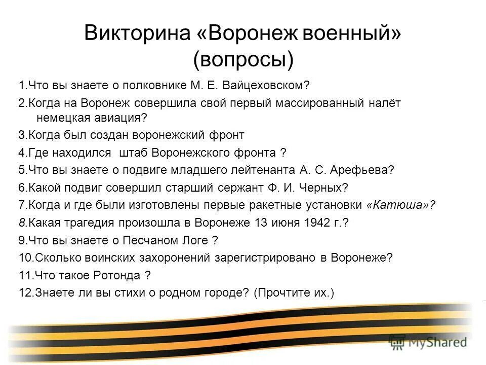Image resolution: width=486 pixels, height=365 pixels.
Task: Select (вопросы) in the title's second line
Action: coord(243,60)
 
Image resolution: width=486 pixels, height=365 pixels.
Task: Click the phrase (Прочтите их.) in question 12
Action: coord(293,293)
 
